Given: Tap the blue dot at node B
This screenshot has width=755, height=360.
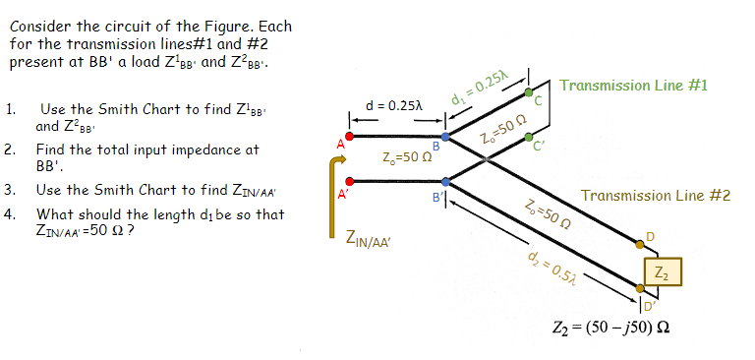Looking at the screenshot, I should click(x=446, y=138).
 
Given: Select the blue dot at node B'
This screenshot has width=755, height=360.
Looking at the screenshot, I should click(x=446, y=181).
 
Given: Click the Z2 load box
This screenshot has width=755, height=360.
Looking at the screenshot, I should click(x=660, y=270).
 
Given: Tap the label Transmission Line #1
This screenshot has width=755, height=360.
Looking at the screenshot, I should click(x=633, y=86).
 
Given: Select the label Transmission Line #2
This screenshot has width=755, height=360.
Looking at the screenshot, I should click(x=656, y=196).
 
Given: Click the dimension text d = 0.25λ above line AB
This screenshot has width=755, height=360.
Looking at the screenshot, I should click(x=393, y=105).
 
